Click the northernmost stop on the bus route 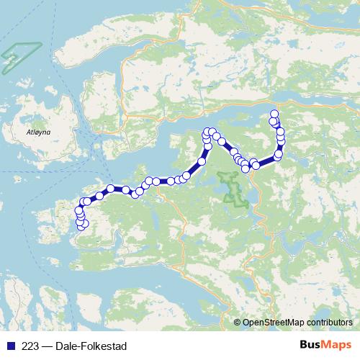click(274, 114)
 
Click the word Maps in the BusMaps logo click(338, 344)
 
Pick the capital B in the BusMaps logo click(303, 344)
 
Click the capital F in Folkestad click(90, 346)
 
